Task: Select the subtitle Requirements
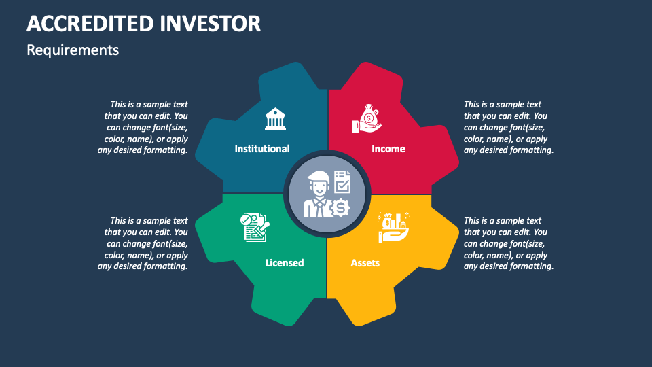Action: click(73, 50)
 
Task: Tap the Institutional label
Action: click(262, 149)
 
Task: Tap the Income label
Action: click(388, 149)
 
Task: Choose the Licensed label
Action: click(284, 262)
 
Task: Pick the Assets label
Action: click(365, 262)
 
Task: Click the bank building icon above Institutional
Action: click(275, 119)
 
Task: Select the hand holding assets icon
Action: click(393, 228)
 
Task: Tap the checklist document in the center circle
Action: click(342, 181)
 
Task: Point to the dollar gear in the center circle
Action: click(340, 207)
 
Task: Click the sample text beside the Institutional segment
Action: click(143, 127)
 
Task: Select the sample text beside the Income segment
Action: click(508, 127)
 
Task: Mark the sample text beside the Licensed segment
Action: click(143, 243)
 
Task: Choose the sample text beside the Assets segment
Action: click(508, 243)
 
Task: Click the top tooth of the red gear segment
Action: click(367, 76)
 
